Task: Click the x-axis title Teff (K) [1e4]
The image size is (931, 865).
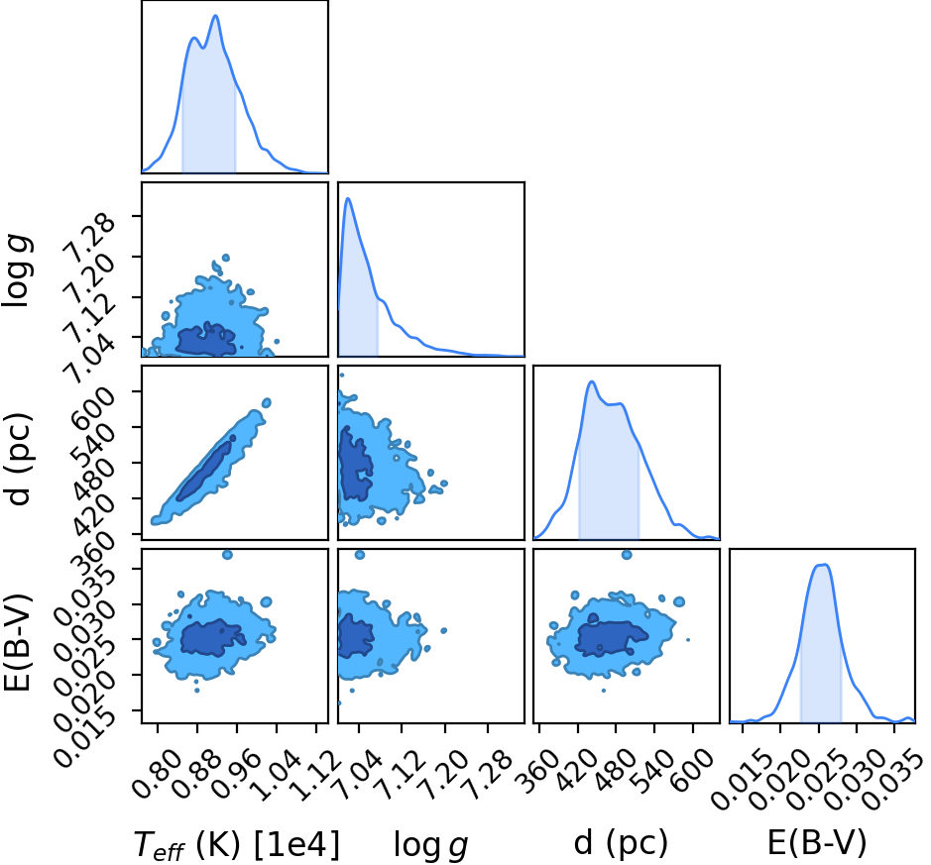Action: (237, 844)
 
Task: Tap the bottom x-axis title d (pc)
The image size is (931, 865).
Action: (621, 843)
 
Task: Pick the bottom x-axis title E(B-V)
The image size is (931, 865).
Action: (817, 843)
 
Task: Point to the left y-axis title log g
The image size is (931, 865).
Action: (17, 270)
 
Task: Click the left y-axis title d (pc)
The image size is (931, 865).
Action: (19, 458)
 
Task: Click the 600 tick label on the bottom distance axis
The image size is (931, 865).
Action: (693, 768)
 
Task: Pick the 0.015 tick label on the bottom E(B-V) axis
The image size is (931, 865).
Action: (738, 779)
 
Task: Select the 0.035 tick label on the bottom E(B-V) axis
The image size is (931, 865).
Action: (890, 779)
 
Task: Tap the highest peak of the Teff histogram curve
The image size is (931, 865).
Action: (215, 16)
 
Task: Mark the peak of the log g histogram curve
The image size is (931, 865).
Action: (348, 199)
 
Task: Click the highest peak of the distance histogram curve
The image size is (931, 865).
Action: (591, 381)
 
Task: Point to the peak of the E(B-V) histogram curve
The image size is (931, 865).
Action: (823, 565)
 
